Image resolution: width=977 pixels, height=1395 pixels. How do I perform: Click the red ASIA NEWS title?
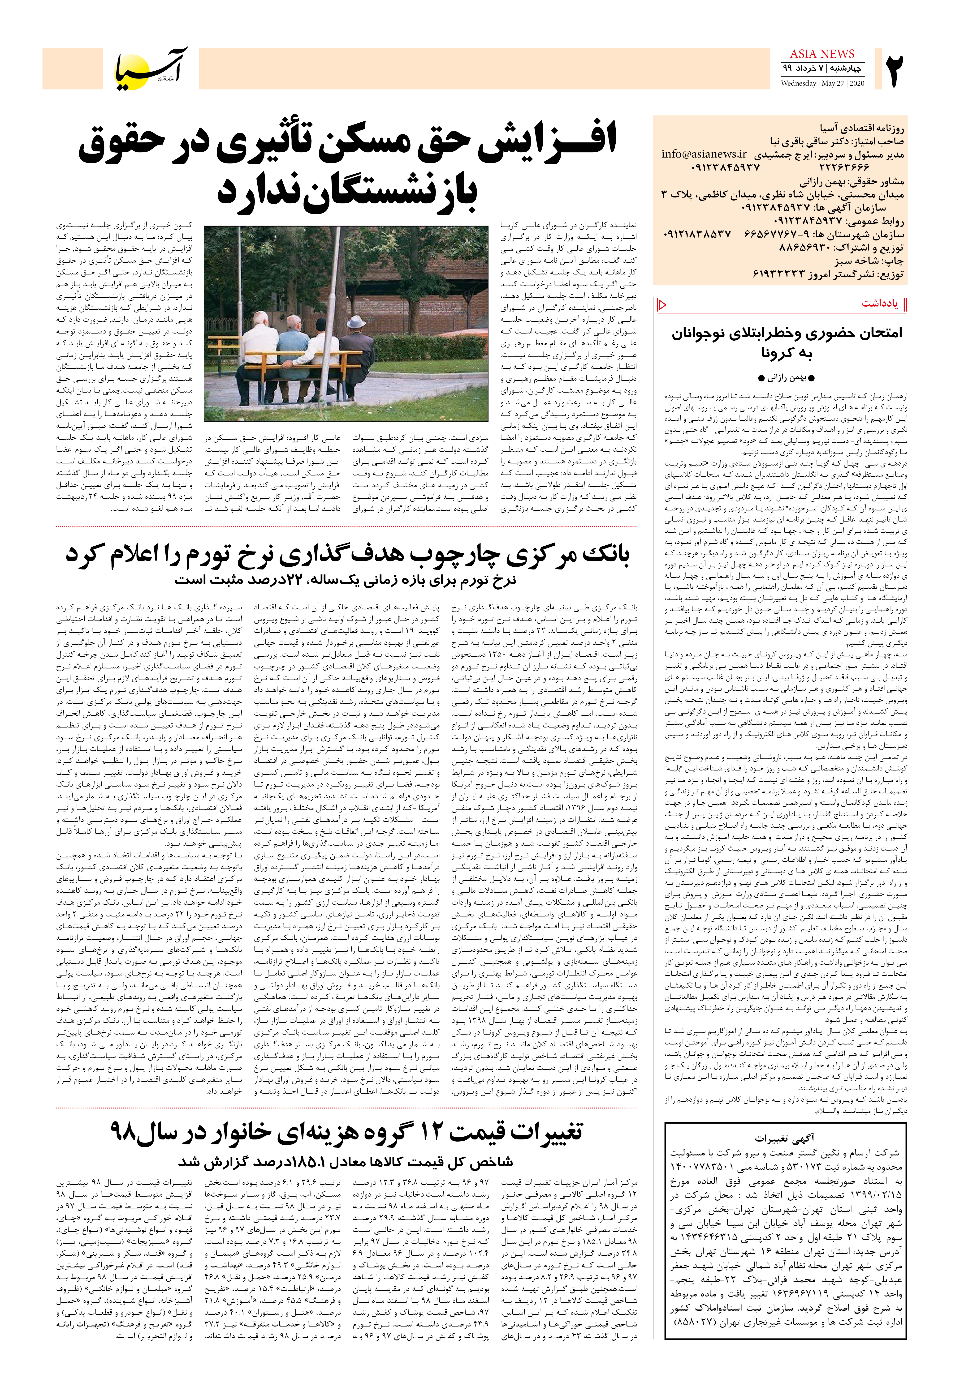tap(822, 54)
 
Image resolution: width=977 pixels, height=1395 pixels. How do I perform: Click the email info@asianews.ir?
tap(703, 154)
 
